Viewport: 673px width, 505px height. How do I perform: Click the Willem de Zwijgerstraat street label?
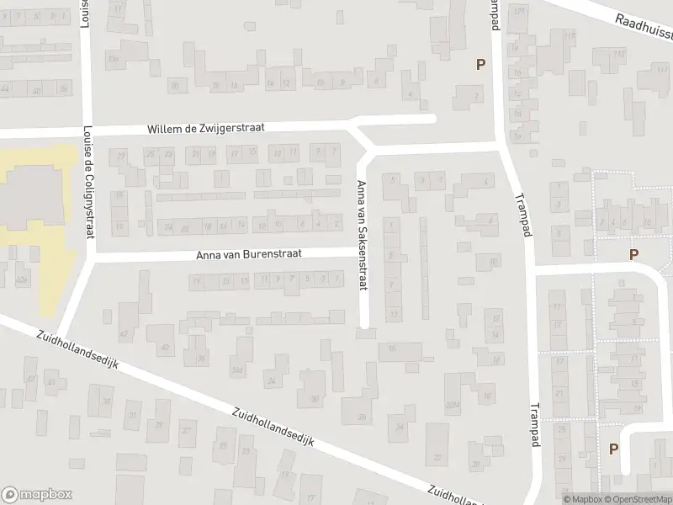[x=206, y=128]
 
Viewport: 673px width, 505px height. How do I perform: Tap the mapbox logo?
[x=37, y=494]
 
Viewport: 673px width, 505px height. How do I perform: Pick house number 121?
[x=519, y=10]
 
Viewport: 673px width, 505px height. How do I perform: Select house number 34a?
[x=238, y=369]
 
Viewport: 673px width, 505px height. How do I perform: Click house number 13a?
[x=112, y=59]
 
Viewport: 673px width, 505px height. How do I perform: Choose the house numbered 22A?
[x=453, y=405]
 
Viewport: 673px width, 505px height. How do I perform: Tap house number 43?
[x=30, y=380]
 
